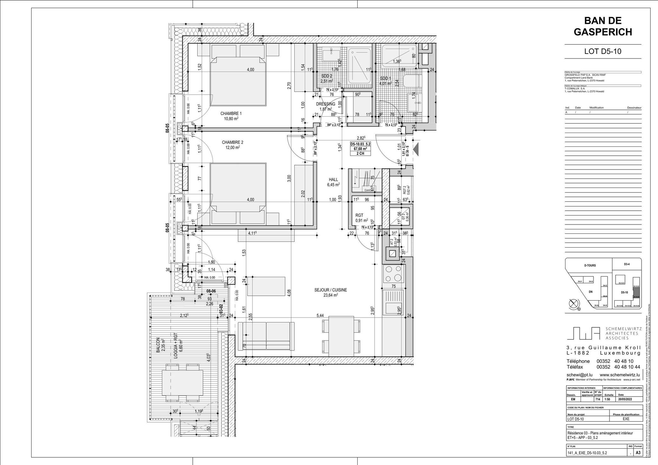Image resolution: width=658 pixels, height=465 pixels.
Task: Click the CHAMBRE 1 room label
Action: coord(231,114)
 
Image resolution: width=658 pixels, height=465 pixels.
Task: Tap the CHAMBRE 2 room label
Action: coord(232,143)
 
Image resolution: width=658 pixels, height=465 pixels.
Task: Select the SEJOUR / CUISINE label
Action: coord(330,290)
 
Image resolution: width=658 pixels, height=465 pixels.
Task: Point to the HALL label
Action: coord(333,180)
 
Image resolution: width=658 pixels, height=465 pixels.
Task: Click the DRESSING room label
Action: coord(325,104)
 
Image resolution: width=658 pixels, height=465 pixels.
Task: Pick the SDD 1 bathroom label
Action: coord(386,79)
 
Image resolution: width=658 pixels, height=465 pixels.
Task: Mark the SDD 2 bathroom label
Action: coord(326,76)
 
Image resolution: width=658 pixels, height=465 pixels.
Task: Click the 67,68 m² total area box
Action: coord(360,149)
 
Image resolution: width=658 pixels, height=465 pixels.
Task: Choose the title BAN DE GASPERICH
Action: coord(603,26)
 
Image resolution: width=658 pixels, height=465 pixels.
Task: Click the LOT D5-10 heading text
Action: coord(603,51)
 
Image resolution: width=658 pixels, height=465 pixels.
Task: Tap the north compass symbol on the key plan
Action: coord(574,303)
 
